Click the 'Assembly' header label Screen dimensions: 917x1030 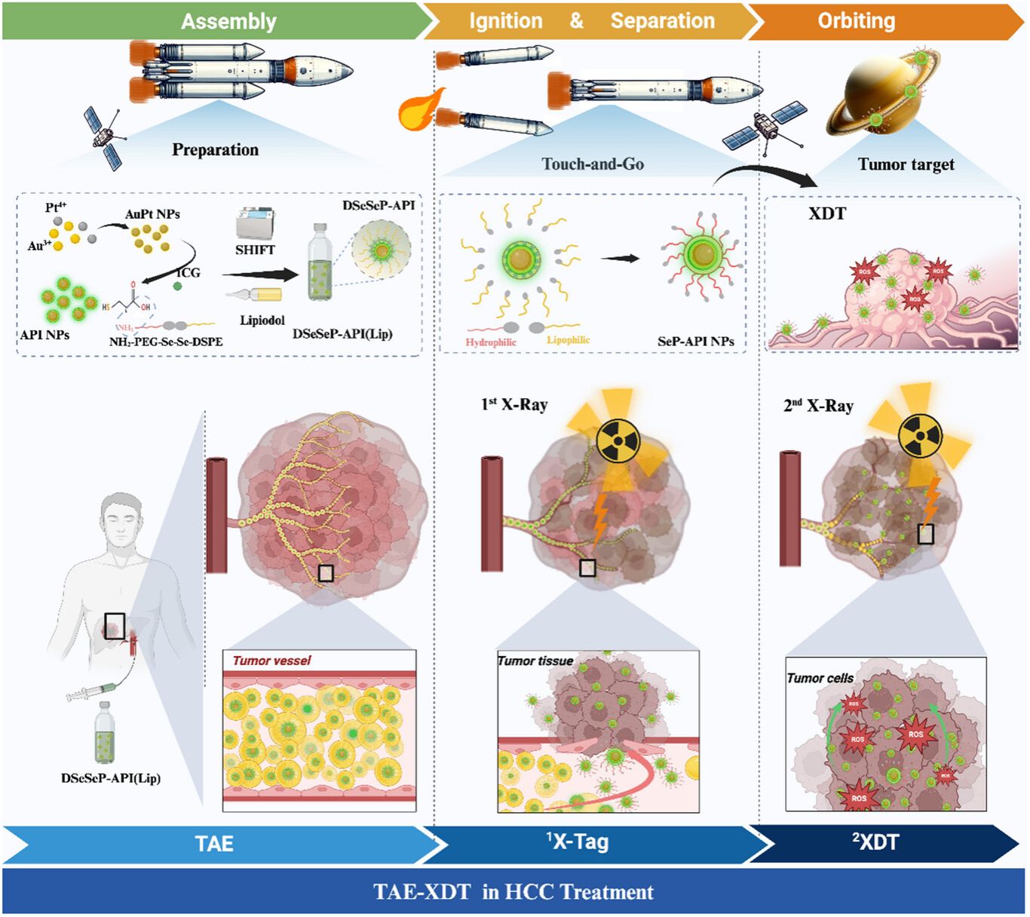coord(228,21)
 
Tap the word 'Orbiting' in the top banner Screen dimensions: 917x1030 coord(857,21)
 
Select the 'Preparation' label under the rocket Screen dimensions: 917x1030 coord(215,149)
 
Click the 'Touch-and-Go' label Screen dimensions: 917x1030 coord(593,164)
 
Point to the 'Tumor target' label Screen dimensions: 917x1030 coord(906,164)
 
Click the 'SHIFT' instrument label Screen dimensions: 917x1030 coord(255,250)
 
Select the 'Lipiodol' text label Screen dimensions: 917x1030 coord(262,320)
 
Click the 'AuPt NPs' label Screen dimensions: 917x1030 coord(152,214)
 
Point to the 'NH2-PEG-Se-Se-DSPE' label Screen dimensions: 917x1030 coord(166,342)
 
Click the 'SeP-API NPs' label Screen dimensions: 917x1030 coord(695,342)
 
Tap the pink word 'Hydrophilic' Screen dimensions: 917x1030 coord(491,342)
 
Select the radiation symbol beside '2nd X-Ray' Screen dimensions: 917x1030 coord(921,436)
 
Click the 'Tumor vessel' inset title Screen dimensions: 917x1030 coord(271,661)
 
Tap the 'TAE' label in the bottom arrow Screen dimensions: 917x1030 coord(214,843)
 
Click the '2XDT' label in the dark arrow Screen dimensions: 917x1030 coord(875,842)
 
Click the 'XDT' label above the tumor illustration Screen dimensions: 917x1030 coord(827,213)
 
